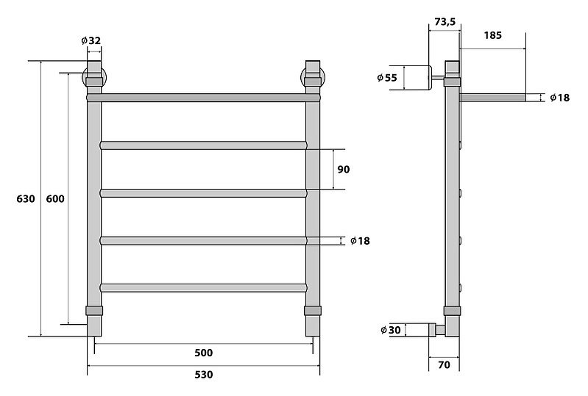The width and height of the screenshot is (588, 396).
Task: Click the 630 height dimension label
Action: [26, 198]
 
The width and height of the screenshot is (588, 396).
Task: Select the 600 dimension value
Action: [55, 198]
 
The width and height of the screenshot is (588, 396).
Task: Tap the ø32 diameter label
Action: [91, 40]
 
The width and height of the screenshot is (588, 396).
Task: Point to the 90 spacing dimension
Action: [344, 169]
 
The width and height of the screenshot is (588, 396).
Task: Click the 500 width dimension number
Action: [204, 353]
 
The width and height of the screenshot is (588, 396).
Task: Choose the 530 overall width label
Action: [204, 374]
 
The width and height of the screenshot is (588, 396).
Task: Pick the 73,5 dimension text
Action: [444, 22]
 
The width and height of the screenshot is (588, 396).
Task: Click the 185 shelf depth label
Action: [493, 35]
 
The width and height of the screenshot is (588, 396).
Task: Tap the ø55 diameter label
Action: [387, 77]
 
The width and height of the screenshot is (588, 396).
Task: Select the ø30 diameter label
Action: [390, 330]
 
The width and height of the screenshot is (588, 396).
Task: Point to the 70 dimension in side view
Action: [444, 364]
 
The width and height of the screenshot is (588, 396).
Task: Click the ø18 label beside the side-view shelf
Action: [559, 98]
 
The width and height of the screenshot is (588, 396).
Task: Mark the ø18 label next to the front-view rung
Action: [360, 241]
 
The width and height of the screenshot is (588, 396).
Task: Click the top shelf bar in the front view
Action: [204, 98]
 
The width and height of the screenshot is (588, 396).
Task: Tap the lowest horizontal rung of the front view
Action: [204, 288]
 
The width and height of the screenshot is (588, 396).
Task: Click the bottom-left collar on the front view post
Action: [94, 311]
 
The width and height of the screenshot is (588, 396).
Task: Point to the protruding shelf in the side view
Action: [493, 98]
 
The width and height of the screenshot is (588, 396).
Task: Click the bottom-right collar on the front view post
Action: [312, 311]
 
